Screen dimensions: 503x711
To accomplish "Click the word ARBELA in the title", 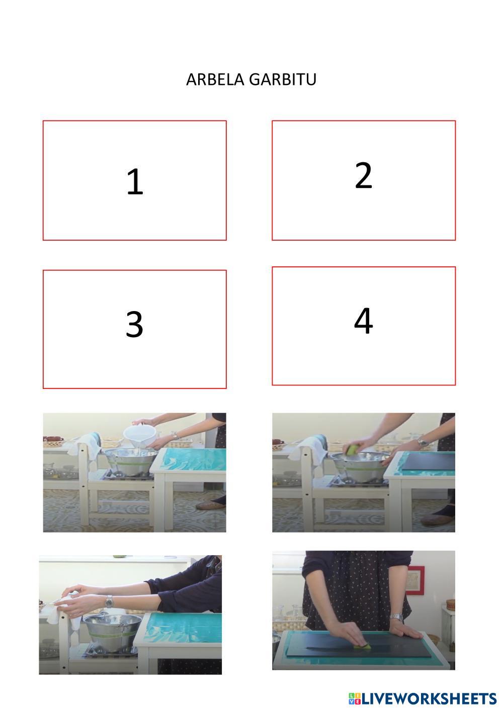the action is click(215, 79).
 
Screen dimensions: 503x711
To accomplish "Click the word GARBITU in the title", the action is click(283, 79).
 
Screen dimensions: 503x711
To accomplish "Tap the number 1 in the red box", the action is click(135, 181).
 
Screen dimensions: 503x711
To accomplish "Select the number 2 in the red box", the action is click(363, 175).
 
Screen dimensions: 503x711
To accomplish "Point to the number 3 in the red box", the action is click(134, 324).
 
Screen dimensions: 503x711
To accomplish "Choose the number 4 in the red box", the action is click(363, 321).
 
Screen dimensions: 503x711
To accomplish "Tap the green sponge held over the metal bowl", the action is click(353, 449).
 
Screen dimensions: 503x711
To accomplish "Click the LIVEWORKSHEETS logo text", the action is click(423, 699).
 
